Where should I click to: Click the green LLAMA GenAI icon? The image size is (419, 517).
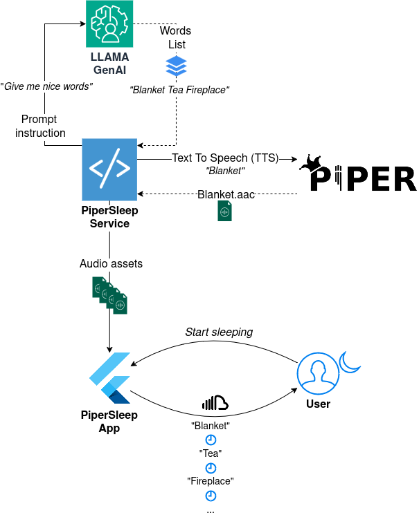pyautogui.click(x=109, y=23)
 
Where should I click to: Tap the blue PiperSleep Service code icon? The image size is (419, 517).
pyautogui.click(x=109, y=169)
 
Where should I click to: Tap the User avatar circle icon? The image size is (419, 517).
pyautogui.click(x=317, y=374)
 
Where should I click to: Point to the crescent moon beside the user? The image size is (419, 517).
pyautogui.click(x=351, y=361)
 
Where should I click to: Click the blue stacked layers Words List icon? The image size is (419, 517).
pyautogui.click(x=176, y=66)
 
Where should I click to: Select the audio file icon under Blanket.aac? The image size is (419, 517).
pyautogui.click(x=224, y=211)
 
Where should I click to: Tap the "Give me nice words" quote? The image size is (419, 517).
pyautogui.click(x=46, y=87)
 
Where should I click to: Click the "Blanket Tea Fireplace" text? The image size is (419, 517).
pyautogui.click(x=179, y=89)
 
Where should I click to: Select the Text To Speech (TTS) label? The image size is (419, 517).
pyautogui.click(x=224, y=158)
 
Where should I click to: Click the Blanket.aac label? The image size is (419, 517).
pyautogui.click(x=226, y=195)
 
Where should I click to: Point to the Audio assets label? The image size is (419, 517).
pyautogui.click(x=110, y=263)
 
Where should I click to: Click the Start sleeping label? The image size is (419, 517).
pyautogui.click(x=219, y=332)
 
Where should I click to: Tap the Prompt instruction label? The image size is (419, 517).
pyautogui.click(x=40, y=126)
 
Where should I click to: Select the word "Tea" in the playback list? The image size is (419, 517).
pyautogui.click(x=210, y=453)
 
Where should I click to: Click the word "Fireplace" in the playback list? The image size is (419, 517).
pyautogui.click(x=210, y=481)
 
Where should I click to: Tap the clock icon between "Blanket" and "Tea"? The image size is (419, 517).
pyautogui.click(x=210, y=440)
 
